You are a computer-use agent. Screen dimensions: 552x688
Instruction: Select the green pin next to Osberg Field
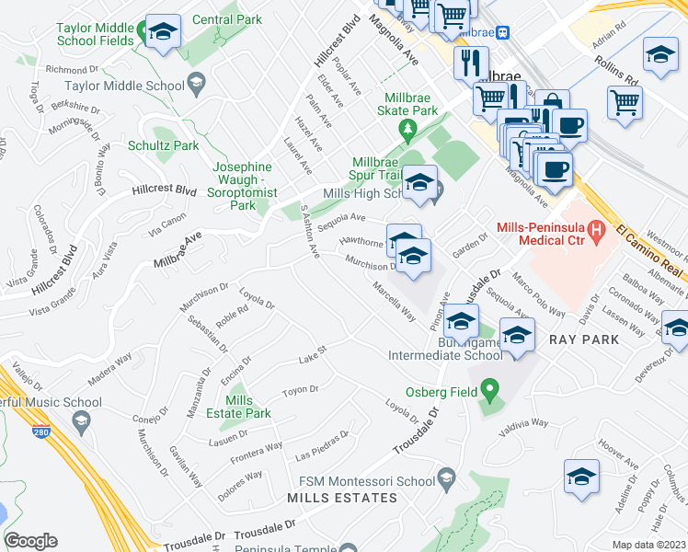tap(489, 392)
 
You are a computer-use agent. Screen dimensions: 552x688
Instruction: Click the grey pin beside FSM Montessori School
tap(447, 477)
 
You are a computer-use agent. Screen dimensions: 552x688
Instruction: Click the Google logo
tap(31, 541)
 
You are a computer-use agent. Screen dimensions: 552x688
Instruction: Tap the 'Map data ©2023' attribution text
tap(649, 545)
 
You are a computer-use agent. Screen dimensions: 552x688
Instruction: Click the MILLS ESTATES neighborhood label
tap(342, 498)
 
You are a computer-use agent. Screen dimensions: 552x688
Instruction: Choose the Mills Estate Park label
tap(248, 407)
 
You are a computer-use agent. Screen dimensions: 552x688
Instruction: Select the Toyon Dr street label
tap(300, 390)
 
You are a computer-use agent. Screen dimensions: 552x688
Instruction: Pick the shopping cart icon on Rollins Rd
tap(625, 101)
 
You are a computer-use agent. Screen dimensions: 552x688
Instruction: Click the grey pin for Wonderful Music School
tap(81, 421)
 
